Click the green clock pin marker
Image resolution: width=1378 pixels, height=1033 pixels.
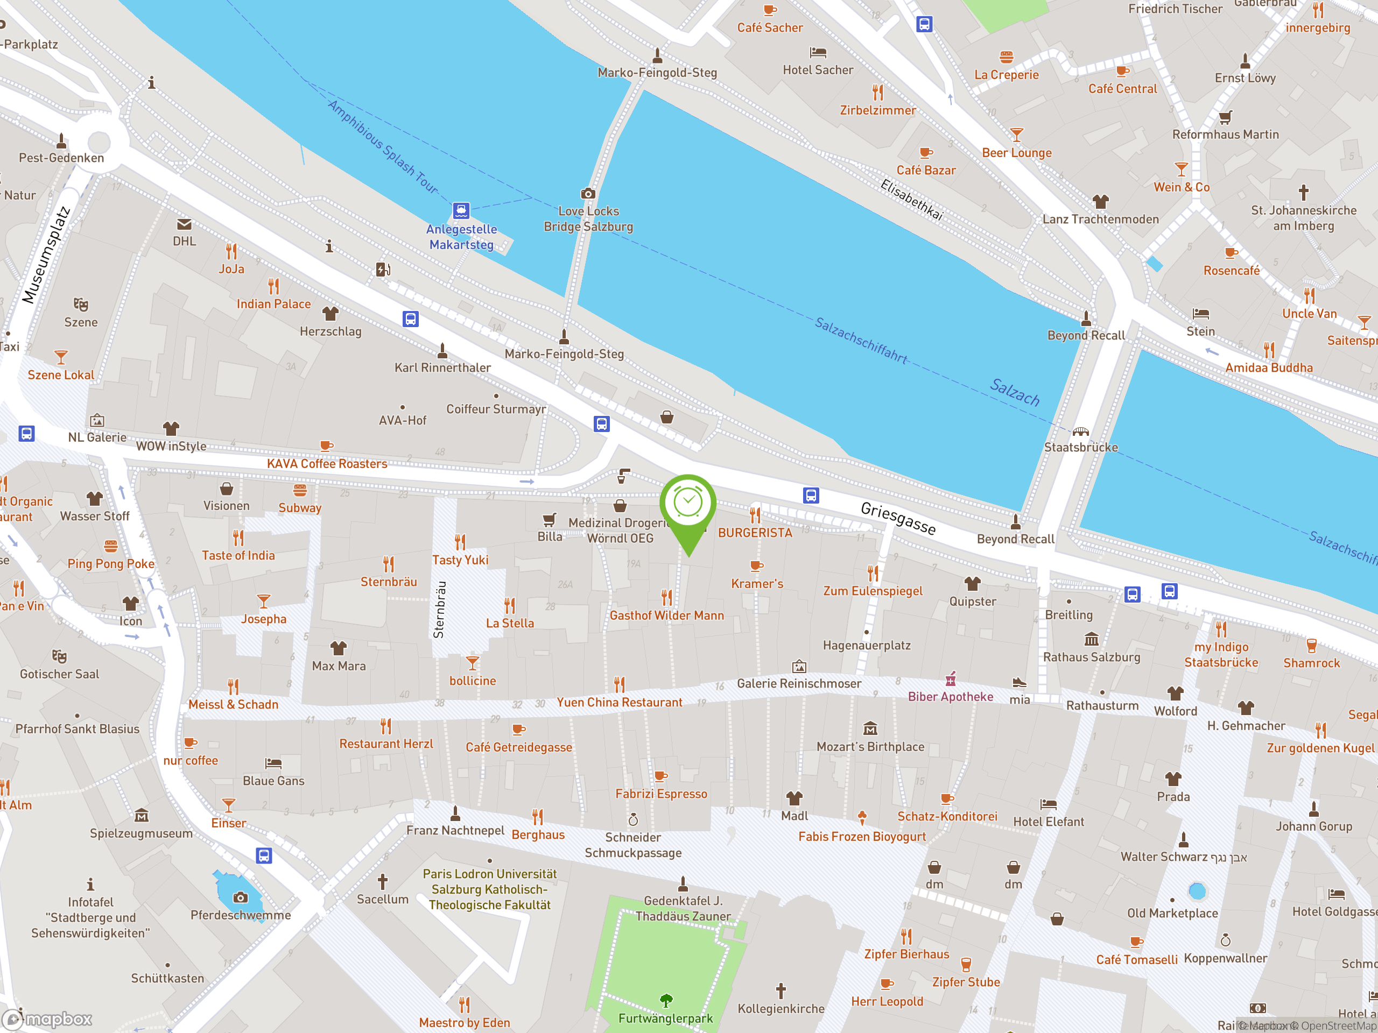[x=688, y=504]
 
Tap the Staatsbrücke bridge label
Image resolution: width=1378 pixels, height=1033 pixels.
[x=1081, y=447]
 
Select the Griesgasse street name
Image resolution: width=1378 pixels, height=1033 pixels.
[x=898, y=518]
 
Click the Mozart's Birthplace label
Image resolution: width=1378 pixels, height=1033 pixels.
[x=870, y=747]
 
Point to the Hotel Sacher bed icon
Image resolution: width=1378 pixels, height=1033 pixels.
[x=818, y=52]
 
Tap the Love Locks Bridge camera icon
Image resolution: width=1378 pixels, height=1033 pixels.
[x=588, y=194]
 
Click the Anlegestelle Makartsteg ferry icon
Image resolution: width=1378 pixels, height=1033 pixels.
[x=461, y=210]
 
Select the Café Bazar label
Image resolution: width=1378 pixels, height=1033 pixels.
[x=926, y=170]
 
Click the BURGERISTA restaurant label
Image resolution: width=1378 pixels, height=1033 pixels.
[x=755, y=533]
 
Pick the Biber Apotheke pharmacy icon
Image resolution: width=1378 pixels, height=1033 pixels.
[x=951, y=678]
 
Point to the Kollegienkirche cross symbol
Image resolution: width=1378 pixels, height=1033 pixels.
[x=781, y=990]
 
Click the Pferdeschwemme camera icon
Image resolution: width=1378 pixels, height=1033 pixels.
[x=241, y=897]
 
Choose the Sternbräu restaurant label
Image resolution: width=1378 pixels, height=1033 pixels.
[x=389, y=582]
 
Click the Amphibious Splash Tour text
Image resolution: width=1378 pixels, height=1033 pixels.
[x=383, y=147]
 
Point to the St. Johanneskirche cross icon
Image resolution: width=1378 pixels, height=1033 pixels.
[x=1303, y=192]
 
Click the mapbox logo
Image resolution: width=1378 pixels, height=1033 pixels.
[x=48, y=1020]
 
